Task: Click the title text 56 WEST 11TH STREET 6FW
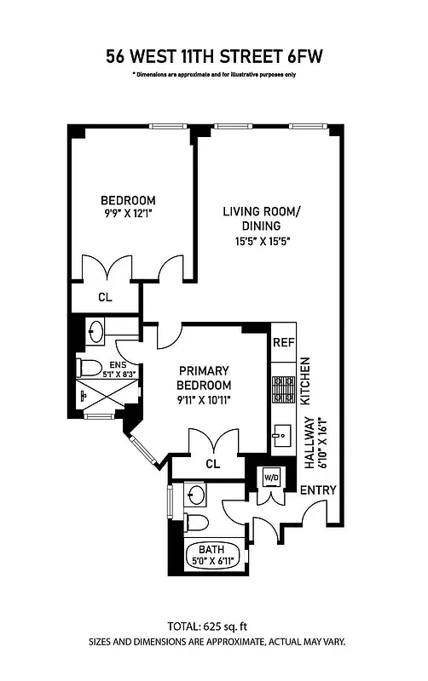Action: click(x=214, y=57)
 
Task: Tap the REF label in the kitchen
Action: click(x=282, y=343)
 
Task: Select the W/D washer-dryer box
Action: click(x=271, y=477)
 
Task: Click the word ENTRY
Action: click(x=319, y=490)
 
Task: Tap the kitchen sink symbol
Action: click(x=281, y=437)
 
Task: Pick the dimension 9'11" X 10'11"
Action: click(x=204, y=399)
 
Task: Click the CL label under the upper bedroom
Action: click(x=105, y=297)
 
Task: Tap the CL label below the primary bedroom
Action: click(x=213, y=464)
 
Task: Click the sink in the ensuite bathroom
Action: click(x=95, y=330)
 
